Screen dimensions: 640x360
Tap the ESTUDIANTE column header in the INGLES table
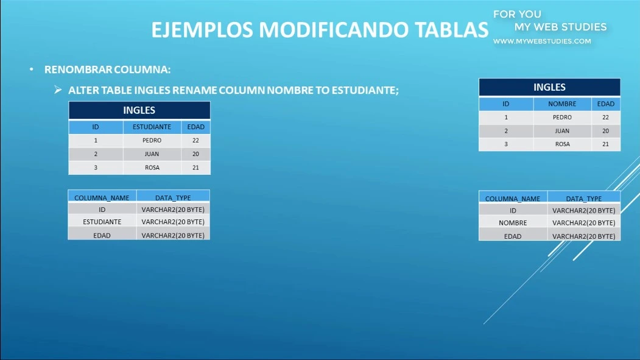(x=152, y=127)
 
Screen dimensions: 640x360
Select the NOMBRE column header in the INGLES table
(x=562, y=104)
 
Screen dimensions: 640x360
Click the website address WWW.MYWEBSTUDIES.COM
(x=542, y=41)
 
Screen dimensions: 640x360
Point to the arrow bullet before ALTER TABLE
(x=58, y=90)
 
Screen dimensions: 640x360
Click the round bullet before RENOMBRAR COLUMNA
(x=32, y=70)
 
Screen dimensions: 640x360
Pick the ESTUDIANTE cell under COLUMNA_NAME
(x=102, y=222)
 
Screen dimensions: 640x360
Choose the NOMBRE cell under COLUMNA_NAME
(x=513, y=223)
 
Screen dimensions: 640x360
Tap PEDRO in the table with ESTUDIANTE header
(x=152, y=141)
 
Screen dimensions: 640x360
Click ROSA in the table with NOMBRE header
(x=563, y=144)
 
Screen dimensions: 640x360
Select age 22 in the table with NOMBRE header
(x=605, y=117)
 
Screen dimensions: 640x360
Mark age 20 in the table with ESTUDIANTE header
(x=195, y=154)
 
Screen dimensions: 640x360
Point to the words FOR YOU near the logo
(x=517, y=14)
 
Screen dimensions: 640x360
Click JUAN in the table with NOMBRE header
(x=562, y=131)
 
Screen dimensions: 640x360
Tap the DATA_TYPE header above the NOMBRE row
(x=584, y=199)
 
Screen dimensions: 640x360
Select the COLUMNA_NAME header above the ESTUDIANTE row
(x=102, y=198)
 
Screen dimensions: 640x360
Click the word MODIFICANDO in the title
(x=334, y=30)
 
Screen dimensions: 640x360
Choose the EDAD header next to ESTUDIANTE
(x=196, y=127)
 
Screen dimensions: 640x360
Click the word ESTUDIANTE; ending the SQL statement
(x=365, y=90)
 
